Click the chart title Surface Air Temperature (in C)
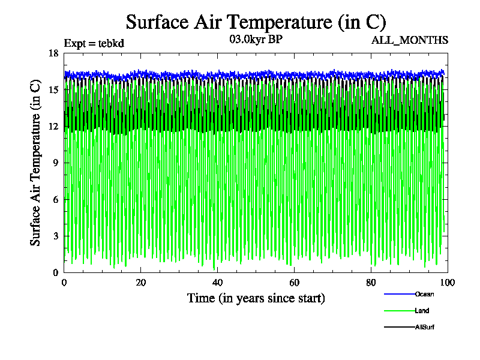click(x=256, y=22)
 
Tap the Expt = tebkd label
click(x=94, y=43)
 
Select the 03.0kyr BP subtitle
click(x=256, y=40)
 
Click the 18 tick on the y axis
click(x=53, y=53)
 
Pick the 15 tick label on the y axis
click(x=53, y=90)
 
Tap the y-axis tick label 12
click(x=53, y=127)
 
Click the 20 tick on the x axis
click(x=141, y=283)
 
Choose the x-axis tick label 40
click(x=218, y=283)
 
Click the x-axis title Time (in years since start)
click(x=256, y=298)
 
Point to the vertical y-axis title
click(x=36, y=163)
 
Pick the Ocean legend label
click(x=424, y=294)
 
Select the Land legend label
click(x=422, y=311)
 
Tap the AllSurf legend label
click(x=424, y=327)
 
